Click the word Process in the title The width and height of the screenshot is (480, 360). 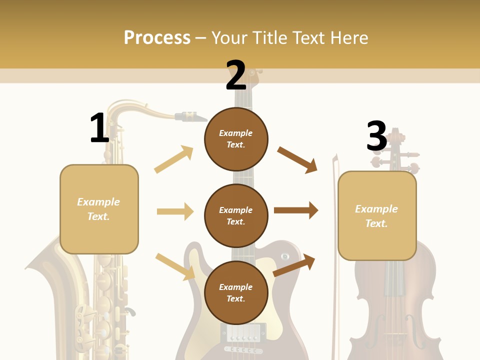click(x=157, y=38)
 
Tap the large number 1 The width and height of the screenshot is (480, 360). click(x=99, y=128)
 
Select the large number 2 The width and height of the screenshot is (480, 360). click(x=235, y=75)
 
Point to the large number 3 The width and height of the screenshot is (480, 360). click(x=376, y=136)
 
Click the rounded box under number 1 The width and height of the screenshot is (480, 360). click(x=99, y=209)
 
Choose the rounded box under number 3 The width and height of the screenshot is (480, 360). click(x=377, y=216)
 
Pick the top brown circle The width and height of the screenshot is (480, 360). click(x=236, y=138)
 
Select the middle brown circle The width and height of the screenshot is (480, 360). click(x=236, y=215)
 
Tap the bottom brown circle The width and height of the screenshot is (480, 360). click(x=236, y=292)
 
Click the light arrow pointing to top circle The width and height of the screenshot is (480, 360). click(x=174, y=159)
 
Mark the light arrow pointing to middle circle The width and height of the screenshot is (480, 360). click(x=175, y=211)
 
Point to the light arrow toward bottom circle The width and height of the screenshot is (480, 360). click(x=175, y=265)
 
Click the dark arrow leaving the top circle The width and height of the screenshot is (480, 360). click(x=297, y=159)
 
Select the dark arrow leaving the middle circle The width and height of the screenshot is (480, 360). click(x=296, y=210)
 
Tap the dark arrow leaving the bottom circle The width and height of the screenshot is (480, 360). click(x=294, y=265)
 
